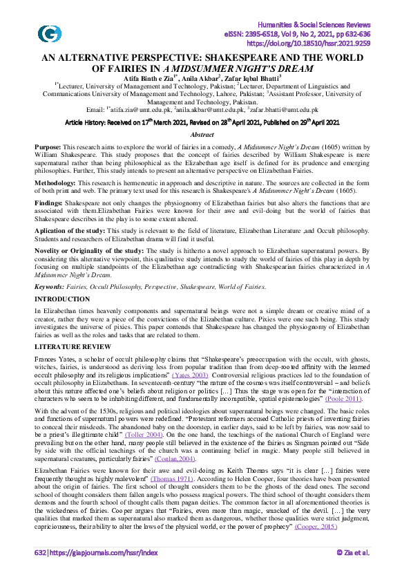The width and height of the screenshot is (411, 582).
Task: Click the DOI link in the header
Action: tap(313, 42)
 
